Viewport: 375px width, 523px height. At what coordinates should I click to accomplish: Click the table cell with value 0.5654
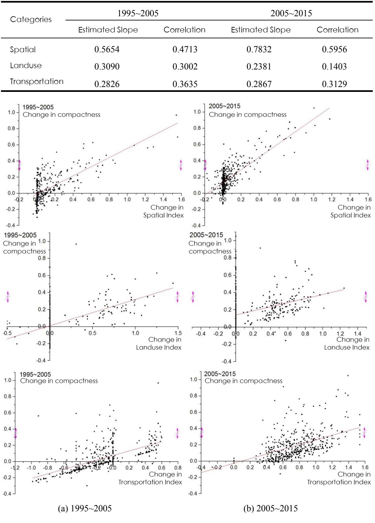tap(107, 49)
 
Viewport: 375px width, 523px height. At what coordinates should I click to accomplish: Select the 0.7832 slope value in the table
tap(259, 49)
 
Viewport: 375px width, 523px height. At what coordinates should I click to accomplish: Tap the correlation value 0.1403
tap(334, 67)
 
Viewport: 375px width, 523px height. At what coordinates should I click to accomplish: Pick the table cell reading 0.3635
tap(185, 84)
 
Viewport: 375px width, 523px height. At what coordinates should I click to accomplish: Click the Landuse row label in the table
tap(26, 66)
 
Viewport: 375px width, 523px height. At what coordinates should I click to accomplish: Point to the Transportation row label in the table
tap(37, 81)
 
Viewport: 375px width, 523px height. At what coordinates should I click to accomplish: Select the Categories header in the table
tap(31, 19)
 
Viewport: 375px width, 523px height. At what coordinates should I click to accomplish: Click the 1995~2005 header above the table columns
tap(138, 13)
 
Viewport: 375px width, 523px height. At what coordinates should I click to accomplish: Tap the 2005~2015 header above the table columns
tap(291, 13)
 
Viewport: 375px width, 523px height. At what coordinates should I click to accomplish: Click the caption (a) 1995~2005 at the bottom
tap(85, 508)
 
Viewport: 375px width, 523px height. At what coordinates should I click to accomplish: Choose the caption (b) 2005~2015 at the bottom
tap(271, 508)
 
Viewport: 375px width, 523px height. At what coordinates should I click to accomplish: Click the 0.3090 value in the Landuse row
tap(107, 67)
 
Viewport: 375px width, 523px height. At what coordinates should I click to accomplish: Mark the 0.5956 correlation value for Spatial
tap(334, 49)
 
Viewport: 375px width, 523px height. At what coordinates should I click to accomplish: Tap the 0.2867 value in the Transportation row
tap(259, 84)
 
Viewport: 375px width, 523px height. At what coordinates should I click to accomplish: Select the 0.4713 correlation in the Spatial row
tap(185, 49)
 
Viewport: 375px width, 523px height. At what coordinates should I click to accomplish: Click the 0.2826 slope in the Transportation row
tap(107, 84)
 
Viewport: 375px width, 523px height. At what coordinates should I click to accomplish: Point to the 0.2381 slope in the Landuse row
tap(259, 67)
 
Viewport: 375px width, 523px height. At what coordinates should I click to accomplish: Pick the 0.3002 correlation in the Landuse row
tap(185, 67)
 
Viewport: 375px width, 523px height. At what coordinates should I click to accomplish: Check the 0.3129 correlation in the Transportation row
tap(334, 84)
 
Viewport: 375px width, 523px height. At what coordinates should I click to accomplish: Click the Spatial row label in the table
tap(23, 50)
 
